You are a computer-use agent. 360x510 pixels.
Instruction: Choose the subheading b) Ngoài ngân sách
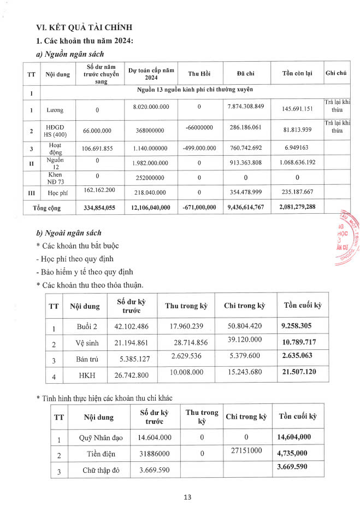68,233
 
